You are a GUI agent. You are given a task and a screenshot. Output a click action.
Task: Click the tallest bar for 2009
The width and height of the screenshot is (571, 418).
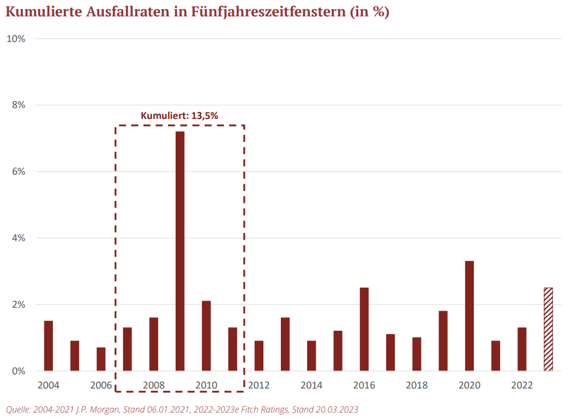179,251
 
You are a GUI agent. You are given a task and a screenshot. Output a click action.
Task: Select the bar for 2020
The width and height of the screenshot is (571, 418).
469,316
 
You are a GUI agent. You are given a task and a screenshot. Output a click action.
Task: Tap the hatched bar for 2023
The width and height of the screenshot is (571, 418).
548,329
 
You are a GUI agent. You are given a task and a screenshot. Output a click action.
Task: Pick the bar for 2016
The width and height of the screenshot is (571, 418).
364,329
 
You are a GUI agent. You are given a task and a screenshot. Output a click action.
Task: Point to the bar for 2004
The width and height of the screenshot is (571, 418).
49,346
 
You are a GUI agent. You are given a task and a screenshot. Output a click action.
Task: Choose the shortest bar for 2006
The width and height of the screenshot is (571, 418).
101,359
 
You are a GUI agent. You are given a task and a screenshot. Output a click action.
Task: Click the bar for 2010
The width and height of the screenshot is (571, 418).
206,336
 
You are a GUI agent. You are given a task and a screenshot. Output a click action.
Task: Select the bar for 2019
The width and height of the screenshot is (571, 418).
443,341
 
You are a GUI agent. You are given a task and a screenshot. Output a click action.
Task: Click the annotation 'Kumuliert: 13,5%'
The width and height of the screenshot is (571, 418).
179,115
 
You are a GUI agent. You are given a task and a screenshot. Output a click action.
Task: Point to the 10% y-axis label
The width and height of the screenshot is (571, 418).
15,39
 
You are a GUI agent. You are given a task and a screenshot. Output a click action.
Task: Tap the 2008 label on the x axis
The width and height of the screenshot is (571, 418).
154,385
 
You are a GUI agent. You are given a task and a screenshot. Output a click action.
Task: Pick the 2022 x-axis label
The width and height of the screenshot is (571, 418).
522,385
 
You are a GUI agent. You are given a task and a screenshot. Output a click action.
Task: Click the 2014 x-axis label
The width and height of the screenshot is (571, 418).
311,385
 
